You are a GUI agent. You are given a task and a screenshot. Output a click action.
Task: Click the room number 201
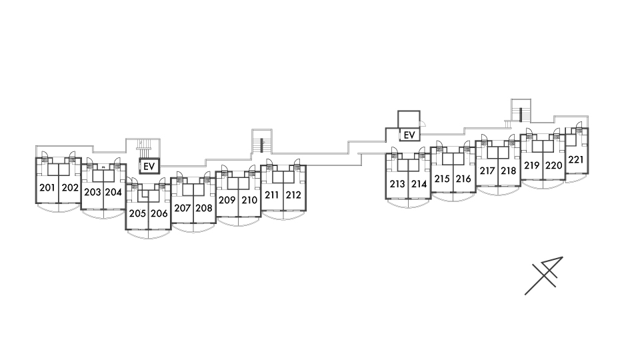point(47,188)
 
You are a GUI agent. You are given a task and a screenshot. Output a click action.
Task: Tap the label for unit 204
point(114,192)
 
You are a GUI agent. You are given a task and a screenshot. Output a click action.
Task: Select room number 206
point(159,214)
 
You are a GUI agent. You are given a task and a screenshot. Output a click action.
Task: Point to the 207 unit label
point(183,208)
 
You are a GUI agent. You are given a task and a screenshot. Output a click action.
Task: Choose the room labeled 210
point(250,200)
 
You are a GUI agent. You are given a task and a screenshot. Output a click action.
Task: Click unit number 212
point(294,195)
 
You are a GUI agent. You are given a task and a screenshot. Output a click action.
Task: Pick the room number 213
point(397,184)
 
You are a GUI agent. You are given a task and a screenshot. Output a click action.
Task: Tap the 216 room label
point(464,179)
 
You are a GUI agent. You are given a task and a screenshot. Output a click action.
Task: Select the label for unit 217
point(487,171)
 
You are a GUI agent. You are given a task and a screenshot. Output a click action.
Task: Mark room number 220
point(554,165)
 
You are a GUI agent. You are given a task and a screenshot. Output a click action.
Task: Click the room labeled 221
point(577,160)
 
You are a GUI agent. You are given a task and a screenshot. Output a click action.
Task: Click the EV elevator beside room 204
point(149,166)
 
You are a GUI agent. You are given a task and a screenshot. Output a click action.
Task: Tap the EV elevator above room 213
point(409,135)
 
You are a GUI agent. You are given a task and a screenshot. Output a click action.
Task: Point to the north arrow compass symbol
point(544,275)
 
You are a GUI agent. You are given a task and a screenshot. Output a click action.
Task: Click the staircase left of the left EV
point(142,148)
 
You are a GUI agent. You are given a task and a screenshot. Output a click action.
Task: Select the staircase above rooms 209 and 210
point(260,142)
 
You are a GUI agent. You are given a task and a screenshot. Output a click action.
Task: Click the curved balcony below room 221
point(577,180)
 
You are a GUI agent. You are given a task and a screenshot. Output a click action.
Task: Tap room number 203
point(92,192)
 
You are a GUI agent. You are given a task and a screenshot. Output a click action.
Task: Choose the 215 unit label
point(442,179)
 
